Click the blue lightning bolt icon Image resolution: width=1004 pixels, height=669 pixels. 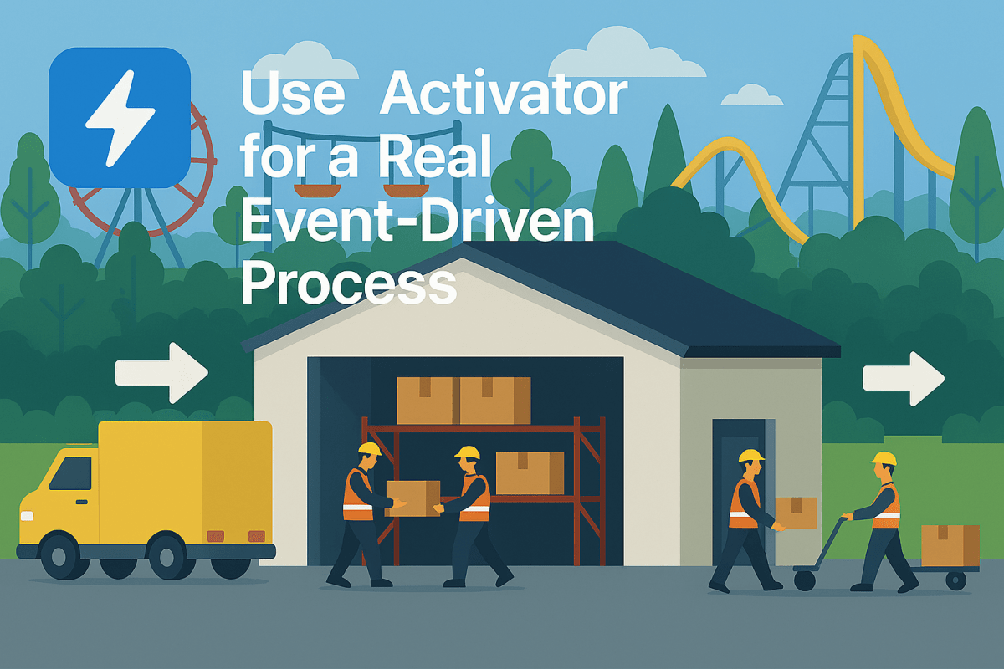[x=120, y=117]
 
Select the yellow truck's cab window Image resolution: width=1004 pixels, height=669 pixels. [x=70, y=473]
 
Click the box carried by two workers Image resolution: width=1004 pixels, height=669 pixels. [x=412, y=498]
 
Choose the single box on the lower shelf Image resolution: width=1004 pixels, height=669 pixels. [x=530, y=472]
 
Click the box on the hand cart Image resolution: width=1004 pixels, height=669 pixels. [x=950, y=545]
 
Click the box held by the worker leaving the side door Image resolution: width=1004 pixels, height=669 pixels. [x=796, y=513]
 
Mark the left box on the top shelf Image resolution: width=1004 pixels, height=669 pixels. [x=428, y=400]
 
